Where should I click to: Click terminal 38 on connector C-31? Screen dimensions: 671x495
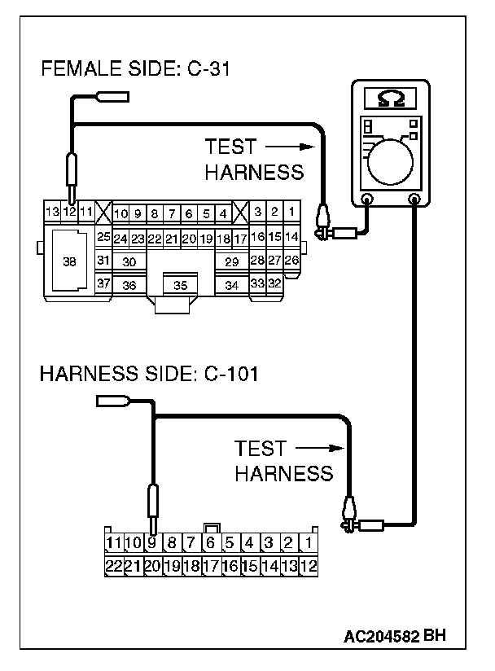point(69,261)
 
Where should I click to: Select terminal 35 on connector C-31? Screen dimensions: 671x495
point(180,285)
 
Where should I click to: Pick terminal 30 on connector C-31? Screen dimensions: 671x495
point(129,261)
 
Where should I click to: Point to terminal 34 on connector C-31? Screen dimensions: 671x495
point(232,285)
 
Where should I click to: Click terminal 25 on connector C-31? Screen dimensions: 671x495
point(103,236)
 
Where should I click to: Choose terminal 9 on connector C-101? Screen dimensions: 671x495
point(151,542)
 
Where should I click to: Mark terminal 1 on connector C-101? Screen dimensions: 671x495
point(309,542)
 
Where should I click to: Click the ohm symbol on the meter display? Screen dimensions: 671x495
point(389,98)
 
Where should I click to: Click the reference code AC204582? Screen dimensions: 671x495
point(381,635)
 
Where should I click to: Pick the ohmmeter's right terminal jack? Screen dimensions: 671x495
point(415,199)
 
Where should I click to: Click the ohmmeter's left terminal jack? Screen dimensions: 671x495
point(367,199)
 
